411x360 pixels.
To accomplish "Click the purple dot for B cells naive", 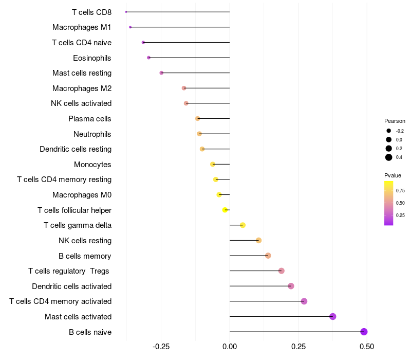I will pos(364,332).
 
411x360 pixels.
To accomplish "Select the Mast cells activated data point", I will pos(332,316).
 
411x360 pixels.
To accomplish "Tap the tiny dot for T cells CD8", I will pos(126,12).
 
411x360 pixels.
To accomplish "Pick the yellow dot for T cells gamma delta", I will pos(242,225).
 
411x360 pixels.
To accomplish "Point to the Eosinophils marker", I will pos(148,58).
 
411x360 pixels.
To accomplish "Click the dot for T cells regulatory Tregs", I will pos(281,271).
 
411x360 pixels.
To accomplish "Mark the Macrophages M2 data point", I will pos(184,88).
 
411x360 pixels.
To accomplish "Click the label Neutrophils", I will pos(92,134).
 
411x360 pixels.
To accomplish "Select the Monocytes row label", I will pos(92,165).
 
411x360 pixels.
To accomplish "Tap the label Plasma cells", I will pos(90,119).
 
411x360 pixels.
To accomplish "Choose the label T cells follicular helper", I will pos(74,210).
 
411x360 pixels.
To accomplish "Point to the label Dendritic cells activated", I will pos(71,286).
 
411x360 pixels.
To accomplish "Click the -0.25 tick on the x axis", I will pos(161,347).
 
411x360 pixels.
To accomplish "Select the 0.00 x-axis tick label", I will pos(230,347).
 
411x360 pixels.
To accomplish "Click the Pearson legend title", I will pos(395,121).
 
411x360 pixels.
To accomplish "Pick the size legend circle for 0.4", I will pos(389,157).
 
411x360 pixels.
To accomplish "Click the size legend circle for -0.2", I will pos(389,131).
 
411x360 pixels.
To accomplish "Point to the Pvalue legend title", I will pos(393,175).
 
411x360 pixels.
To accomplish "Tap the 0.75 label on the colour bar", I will pos(400,190).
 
